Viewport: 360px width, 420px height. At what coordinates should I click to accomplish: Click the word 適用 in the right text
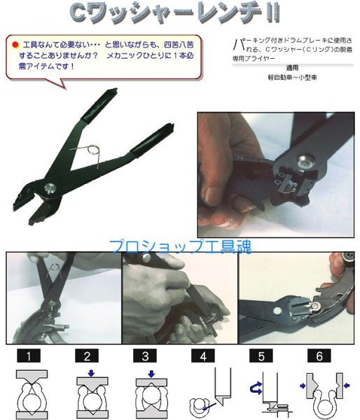tap(293, 69)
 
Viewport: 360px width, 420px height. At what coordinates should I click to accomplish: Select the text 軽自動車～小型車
tap(293, 79)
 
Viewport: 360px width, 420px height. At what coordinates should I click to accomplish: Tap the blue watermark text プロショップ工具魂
tap(179, 246)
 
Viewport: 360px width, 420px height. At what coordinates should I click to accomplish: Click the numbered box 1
tap(29, 356)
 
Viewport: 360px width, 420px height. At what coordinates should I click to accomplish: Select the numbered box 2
tap(87, 356)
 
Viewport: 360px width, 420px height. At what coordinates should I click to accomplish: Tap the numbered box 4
tap(204, 356)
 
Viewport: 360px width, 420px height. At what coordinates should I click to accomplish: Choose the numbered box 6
tap(319, 356)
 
